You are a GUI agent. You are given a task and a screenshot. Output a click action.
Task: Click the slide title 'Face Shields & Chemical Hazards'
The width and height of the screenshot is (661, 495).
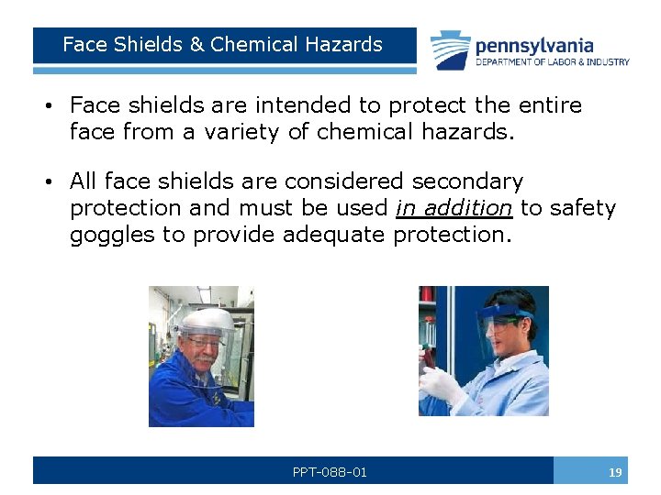point(222,44)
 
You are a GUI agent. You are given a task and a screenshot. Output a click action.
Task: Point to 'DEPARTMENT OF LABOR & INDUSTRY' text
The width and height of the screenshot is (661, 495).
point(552,62)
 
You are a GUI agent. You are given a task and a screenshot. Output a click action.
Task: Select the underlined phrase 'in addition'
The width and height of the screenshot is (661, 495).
point(454,208)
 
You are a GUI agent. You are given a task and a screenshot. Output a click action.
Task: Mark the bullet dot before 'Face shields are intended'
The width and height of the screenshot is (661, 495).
point(46,106)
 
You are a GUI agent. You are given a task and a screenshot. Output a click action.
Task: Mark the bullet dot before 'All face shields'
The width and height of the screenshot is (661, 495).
point(46,182)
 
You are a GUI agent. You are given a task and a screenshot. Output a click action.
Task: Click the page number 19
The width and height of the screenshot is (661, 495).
point(614,472)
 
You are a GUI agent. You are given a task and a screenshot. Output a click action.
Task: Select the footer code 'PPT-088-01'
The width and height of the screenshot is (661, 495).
point(330,472)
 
